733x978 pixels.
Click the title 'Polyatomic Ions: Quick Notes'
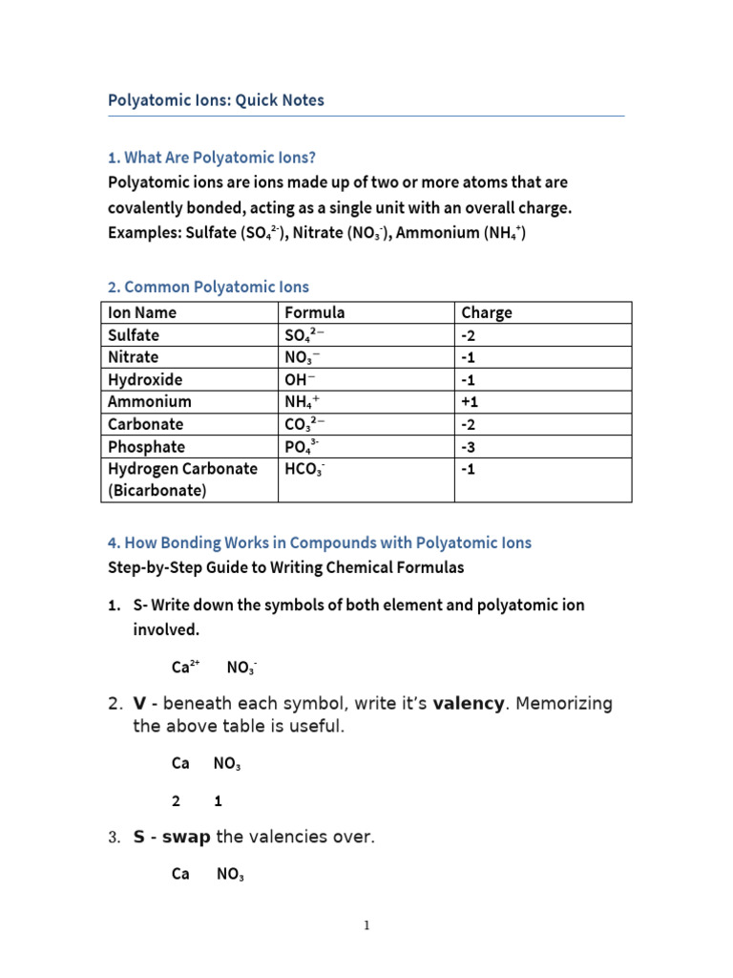pyautogui.click(x=216, y=100)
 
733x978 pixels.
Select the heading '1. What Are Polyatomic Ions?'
pyautogui.click(x=211, y=158)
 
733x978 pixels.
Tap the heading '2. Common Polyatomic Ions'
pyautogui.click(x=208, y=287)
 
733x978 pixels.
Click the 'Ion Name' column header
pyautogui.click(x=142, y=312)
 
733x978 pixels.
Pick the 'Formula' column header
pyautogui.click(x=314, y=312)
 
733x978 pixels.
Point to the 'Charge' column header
pyautogui.click(x=486, y=312)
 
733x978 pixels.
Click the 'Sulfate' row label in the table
pyautogui.click(x=134, y=335)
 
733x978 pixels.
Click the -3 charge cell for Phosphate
pyautogui.click(x=470, y=447)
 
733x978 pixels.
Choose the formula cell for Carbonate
pyautogui.click(x=304, y=424)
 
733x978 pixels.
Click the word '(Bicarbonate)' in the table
pyautogui.click(x=156, y=491)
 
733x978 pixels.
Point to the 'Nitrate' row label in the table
pyautogui.click(x=134, y=357)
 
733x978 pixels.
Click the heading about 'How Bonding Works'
pyautogui.click(x=320, y=542)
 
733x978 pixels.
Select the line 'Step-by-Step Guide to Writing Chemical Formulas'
pyautogui.click(x=286, y=567)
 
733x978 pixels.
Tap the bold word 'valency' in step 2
pyautogui.click(x=469, y=704)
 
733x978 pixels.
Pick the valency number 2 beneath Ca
pyautogui.click(x=176, y=801)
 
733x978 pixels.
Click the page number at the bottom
pyautogui.click(x=366, y=925)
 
